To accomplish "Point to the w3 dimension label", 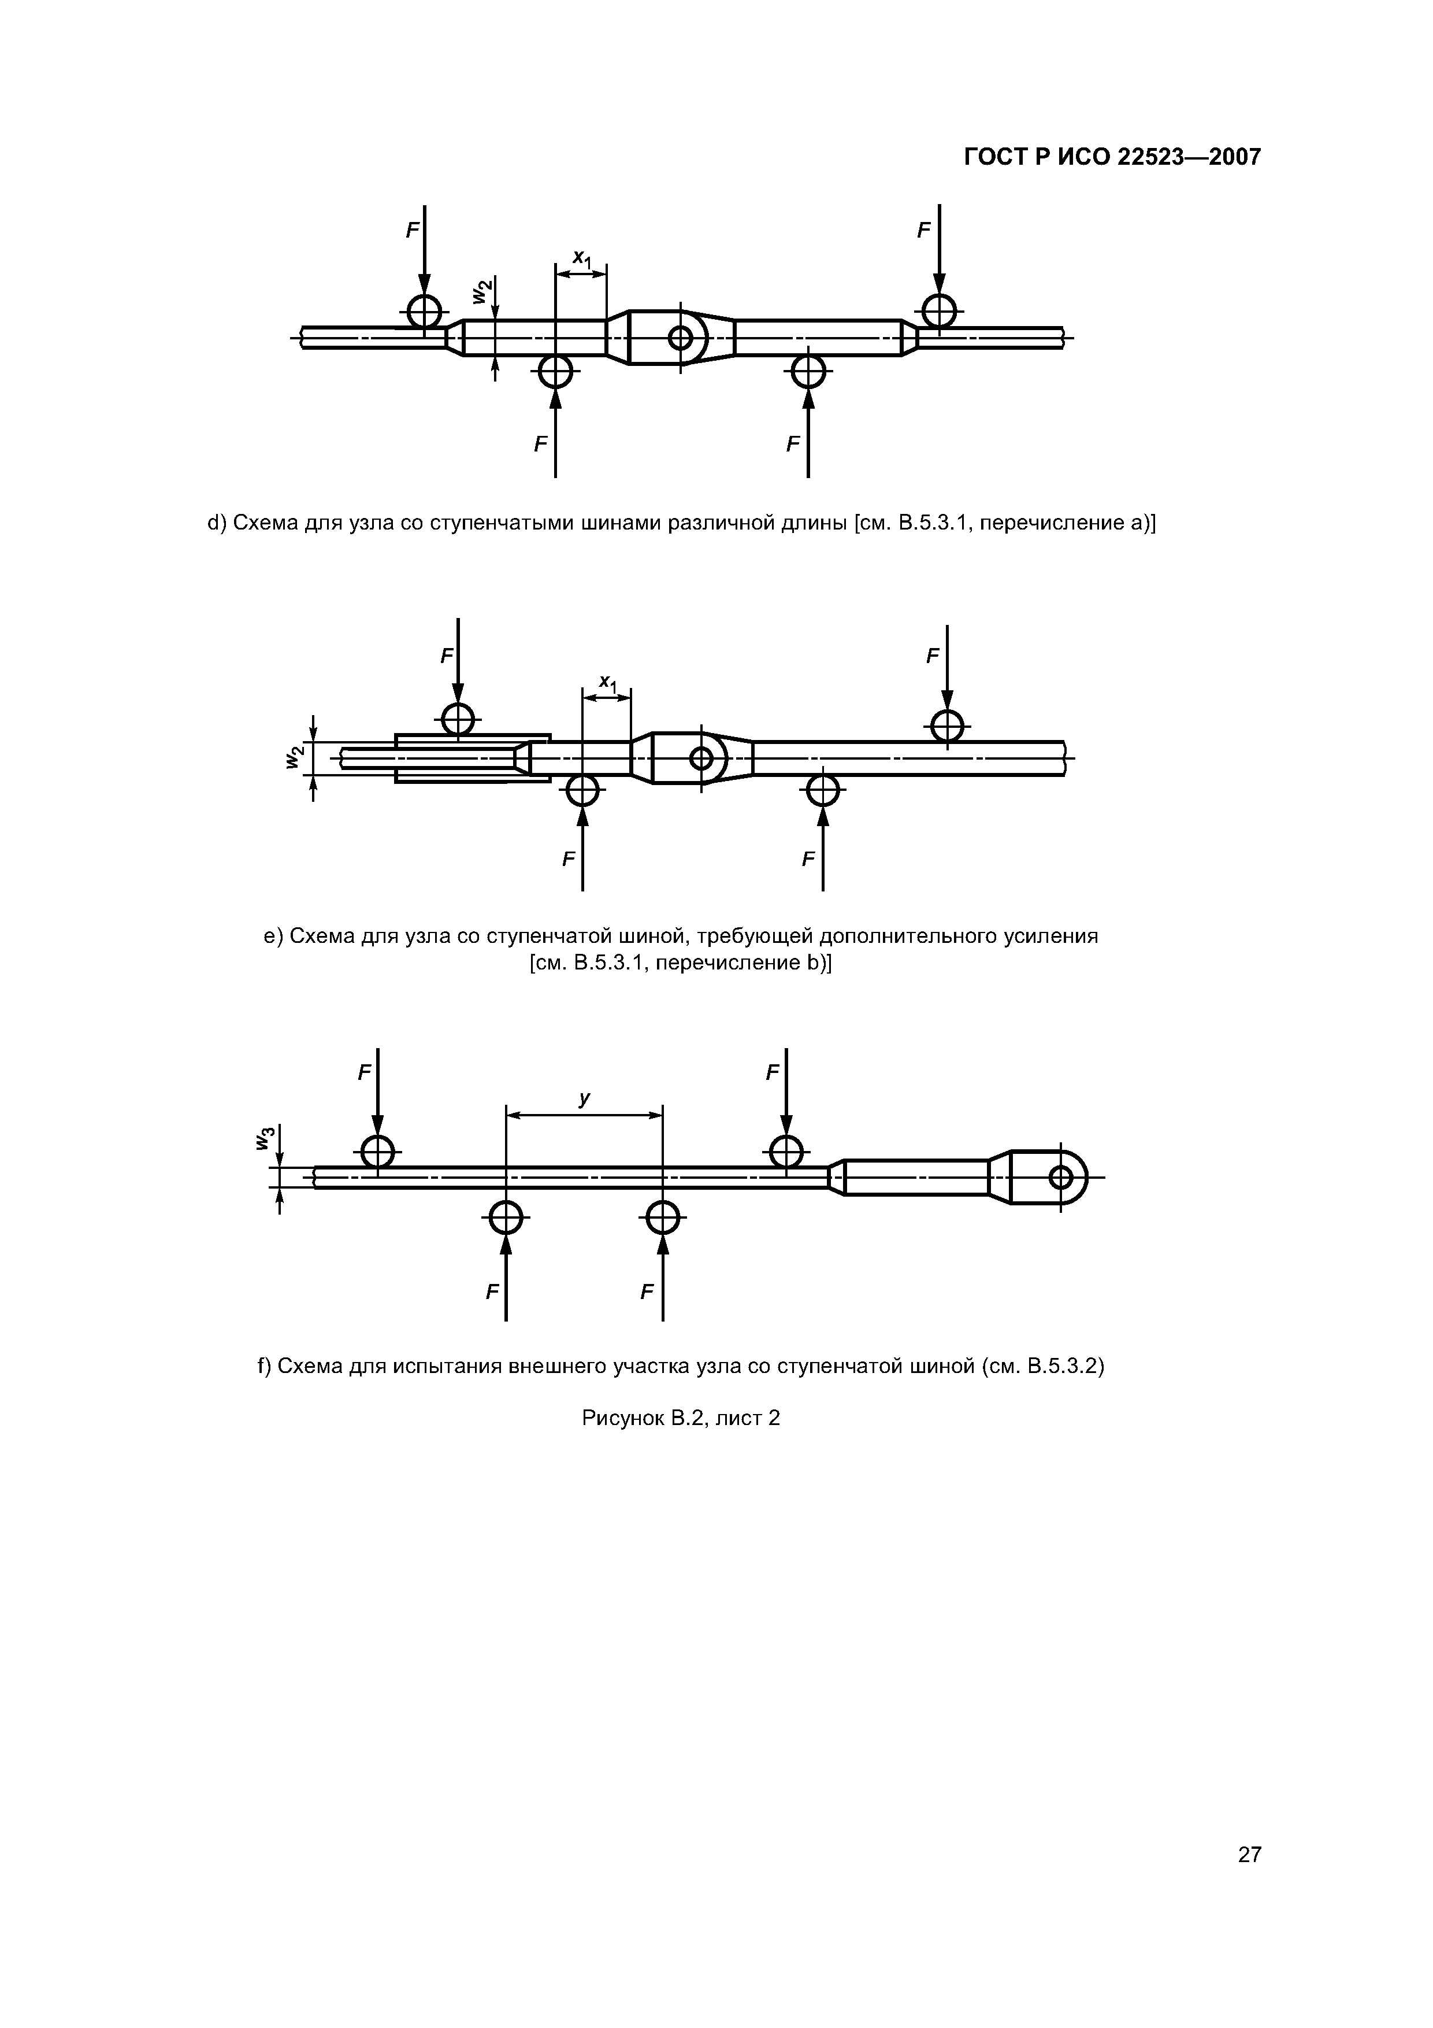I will click(x=265, y=1139).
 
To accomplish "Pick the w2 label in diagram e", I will click(x=295, y=757).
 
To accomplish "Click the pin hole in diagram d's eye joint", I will click(x=681, y=336).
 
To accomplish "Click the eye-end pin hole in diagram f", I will click(x=1060, y=1178).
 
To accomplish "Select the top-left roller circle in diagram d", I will click(x=425, y=311).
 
